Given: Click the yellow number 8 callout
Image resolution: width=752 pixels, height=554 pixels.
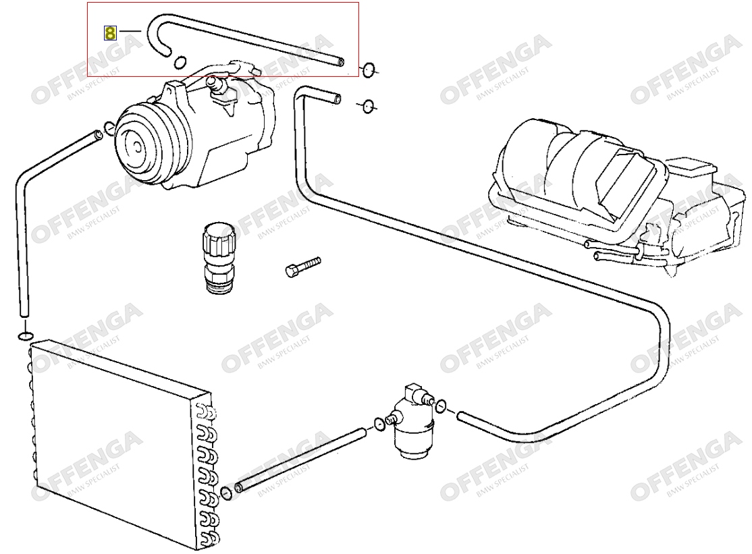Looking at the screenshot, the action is click(x=110, y=33).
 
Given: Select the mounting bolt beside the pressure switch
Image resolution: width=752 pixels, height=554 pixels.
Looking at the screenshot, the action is click(x=302, y=267).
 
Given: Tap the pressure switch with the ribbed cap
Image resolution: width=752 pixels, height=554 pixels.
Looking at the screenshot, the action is click(x=219, y=257).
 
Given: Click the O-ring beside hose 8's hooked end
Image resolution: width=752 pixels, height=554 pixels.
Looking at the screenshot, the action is click(x=180, y=62).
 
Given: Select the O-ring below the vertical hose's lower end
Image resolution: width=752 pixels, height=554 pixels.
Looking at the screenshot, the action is click(x=26, y=335).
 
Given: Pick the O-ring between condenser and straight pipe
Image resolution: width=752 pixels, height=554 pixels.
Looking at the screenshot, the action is click(x=226, y=493).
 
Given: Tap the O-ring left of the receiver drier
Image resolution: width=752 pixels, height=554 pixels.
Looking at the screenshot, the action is click(x=379, y=424).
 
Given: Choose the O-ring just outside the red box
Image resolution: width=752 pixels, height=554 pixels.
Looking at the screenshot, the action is click(x=369, y=70).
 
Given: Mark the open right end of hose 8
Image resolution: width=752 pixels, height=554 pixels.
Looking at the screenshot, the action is click(x=340, y=62).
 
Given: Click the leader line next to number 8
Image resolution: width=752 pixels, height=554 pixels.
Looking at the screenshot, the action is click(x=130, y=31).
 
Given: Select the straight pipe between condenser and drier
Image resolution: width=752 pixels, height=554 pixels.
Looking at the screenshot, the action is click(x=300, y=460).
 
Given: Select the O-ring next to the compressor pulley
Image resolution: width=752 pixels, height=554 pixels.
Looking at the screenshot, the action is click(x=109, y=128).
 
